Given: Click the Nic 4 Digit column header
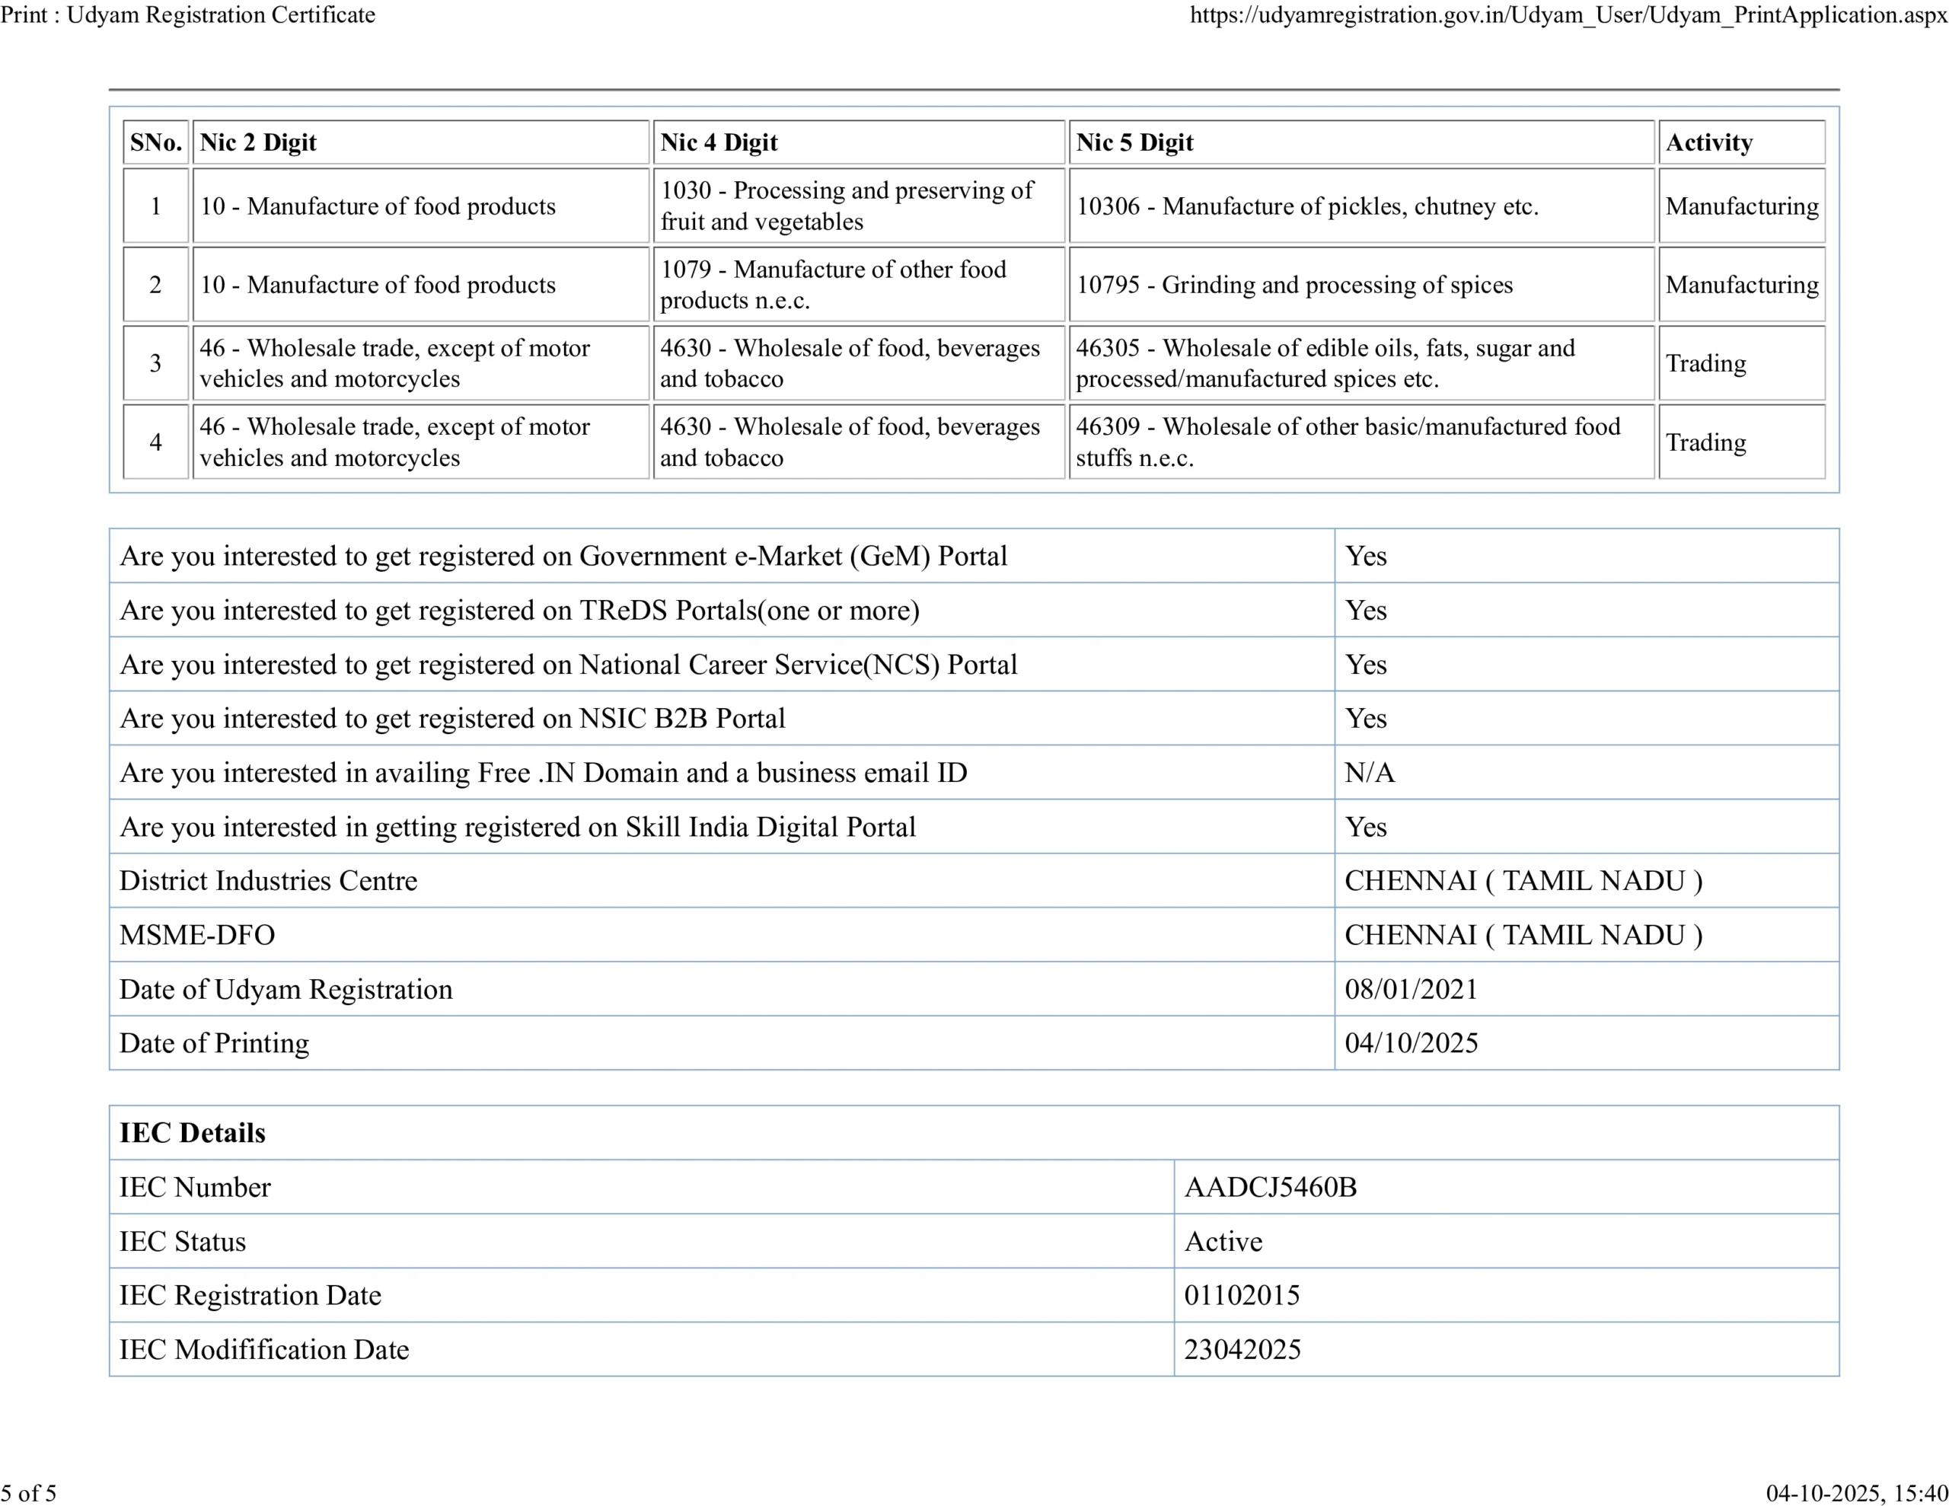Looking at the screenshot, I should (719, 143).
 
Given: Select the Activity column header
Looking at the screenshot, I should (1708, 143).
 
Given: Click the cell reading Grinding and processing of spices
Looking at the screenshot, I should (1294, 285).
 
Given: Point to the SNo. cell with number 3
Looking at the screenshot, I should (155, 363).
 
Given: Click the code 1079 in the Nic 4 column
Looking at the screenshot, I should (685, 270).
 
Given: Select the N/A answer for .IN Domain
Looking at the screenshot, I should (1369, 772).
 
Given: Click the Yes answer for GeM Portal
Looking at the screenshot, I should (1365, 556).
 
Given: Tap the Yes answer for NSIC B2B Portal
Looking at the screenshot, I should (1365, 719).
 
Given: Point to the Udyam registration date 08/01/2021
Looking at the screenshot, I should (1411, 989).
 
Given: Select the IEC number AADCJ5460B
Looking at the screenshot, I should (1270, 1187).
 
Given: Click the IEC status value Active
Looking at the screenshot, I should (1223, 1242).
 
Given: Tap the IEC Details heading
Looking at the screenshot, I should (193, 1133).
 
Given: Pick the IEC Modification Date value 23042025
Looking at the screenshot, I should (1242, 1350).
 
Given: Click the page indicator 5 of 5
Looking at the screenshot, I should (29, 1492).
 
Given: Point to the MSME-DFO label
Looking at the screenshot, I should (197, 935).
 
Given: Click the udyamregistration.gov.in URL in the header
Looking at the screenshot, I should (1568, 14).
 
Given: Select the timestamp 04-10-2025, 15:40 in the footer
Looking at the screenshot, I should (1856, 1492).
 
